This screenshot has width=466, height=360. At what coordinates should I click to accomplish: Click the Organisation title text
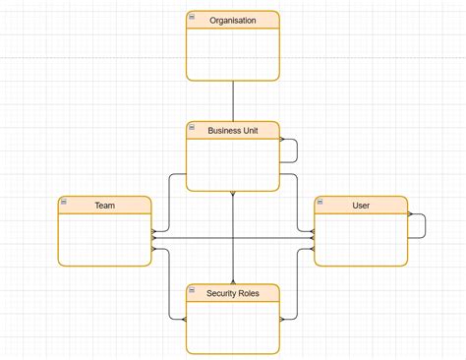pyautogui.click(x=233, y=20)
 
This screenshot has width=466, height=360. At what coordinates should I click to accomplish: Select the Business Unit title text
pyautogui.click(x=233, y=130)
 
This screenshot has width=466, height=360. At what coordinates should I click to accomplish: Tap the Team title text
pyautogui.click(x=105, y=205)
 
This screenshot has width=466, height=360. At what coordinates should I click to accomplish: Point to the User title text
pyautogui.click(x=361, y=205)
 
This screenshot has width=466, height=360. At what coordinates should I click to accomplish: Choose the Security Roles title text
pyautogui.click(x=233, y=292)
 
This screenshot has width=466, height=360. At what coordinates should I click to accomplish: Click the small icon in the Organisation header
pyautogui.click(x=192, y=17)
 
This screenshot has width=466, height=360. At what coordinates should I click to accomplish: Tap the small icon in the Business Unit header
pyautogui.click(x=192, y=127)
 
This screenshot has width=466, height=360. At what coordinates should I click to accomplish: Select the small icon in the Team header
pyautogui.click(x=64, y=202)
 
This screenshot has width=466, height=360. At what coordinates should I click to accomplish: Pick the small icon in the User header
pyautogui.click(x=320, y=202)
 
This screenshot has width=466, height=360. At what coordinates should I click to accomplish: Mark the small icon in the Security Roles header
pyautogui.click(x=192, y=289)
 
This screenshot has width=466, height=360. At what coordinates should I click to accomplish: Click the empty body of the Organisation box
pyautogui.click(x=233, y=54)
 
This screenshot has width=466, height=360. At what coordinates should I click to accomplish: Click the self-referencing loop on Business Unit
pyautogui.click(x=296, y=150)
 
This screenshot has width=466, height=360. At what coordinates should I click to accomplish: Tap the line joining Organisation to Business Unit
pyautogui.click(x=233, y=100)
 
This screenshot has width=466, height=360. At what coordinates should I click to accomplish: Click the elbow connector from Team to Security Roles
pyautogui.click(x=169, y=285)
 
